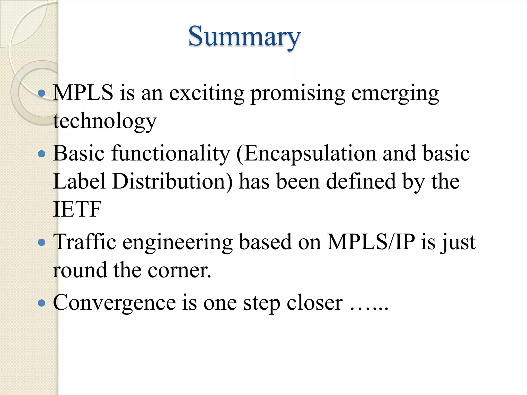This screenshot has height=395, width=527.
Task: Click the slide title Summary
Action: click(x=244, y=37)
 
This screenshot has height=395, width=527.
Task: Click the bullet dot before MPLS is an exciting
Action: click(x=41, y=93)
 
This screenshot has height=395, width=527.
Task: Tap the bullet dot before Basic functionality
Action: click(x=41, y=154)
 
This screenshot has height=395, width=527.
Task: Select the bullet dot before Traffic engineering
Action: click(x=41, y=242)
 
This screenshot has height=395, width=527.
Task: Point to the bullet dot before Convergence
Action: click(x=41, y=303)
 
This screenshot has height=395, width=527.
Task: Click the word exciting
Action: click(x=207, y=93)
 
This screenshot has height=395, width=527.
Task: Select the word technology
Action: click(x=105, y=121)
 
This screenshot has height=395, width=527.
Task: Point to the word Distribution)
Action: click(x=172, y=181)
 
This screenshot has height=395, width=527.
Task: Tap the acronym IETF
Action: click(x=77, y=209)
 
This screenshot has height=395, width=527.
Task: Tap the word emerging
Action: click(x=395, y=93)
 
